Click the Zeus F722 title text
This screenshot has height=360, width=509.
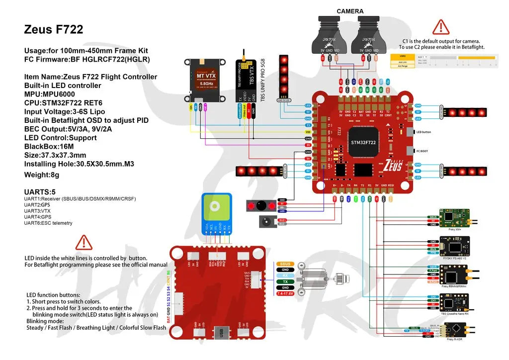[54, 30]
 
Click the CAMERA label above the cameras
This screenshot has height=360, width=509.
[350, 11]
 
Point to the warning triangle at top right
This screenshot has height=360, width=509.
[440, 27]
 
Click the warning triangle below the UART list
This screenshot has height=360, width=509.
[84, 243]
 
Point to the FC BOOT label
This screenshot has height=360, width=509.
[423, 150]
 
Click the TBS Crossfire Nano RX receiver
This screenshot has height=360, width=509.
[454, 302]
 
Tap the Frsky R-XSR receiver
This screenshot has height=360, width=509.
[454, 330]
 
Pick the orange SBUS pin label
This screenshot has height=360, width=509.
[285, 264]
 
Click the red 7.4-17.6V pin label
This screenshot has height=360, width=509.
[285, 294]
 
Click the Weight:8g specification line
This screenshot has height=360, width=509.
[42, 175]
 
